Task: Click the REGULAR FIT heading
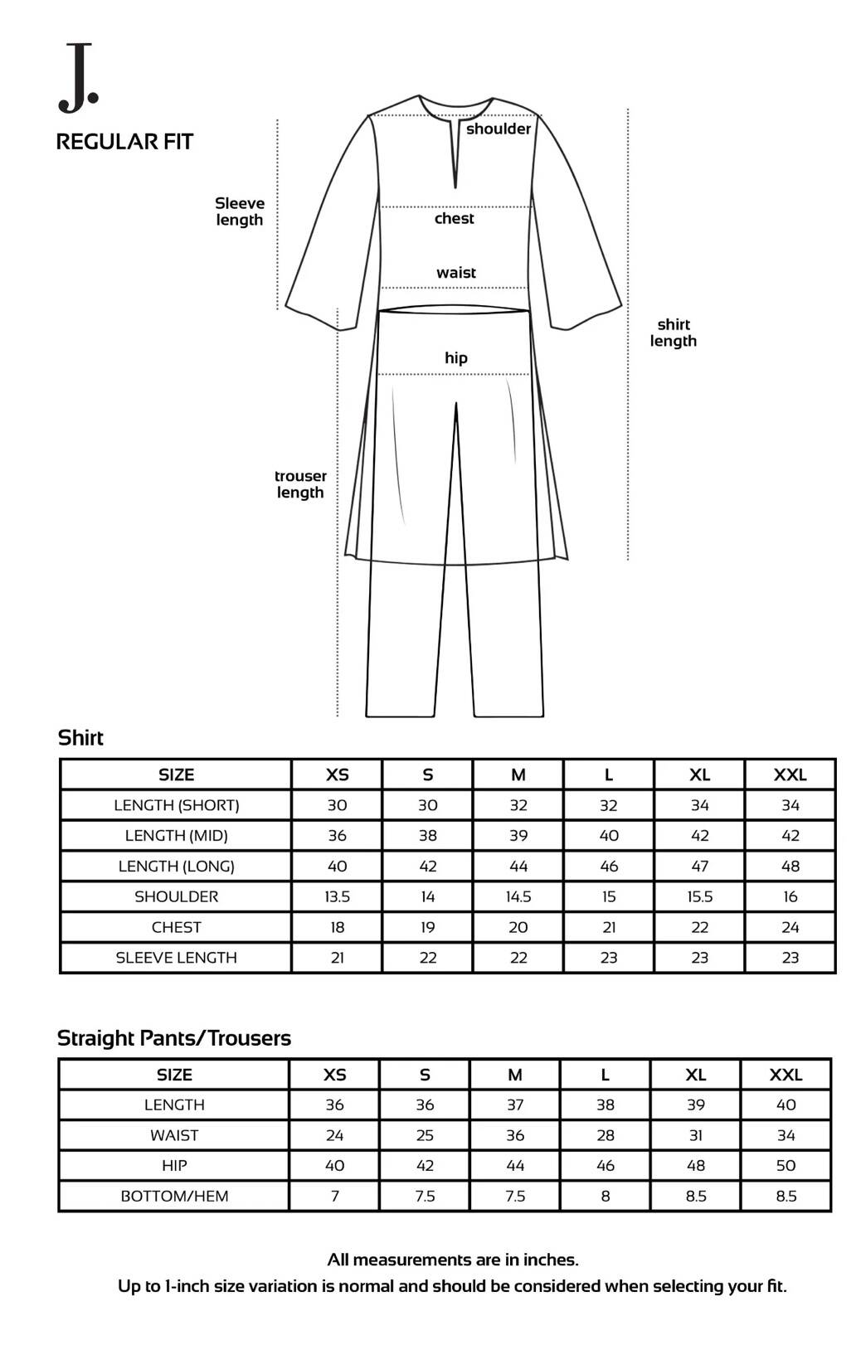[x=124, y=142]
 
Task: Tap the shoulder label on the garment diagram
[x=498, y=129]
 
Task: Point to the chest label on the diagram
[x=455, y=219]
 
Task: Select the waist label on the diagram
[x=456, y=273]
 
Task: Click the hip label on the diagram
[x=456, y=358]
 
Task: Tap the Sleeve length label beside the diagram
[x=240, y=211]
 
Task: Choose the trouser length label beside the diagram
[x=300, y=484]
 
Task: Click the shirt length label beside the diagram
[x=673, y=333]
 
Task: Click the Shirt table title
[x=80, y=738]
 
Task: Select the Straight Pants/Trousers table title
[x=174, y=1038]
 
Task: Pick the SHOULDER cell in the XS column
[x=337, y=896]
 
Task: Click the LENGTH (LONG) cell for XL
[x=699, y=866]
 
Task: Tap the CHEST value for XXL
[x=790, y=927]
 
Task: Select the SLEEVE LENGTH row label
[x=176, y=958]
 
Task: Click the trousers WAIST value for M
[x=515, y=1135]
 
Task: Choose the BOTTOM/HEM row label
[x=174, y=1196]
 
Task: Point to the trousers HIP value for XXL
[x=786, y=1165]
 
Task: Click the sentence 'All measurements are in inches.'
[x=453, y=1260]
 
